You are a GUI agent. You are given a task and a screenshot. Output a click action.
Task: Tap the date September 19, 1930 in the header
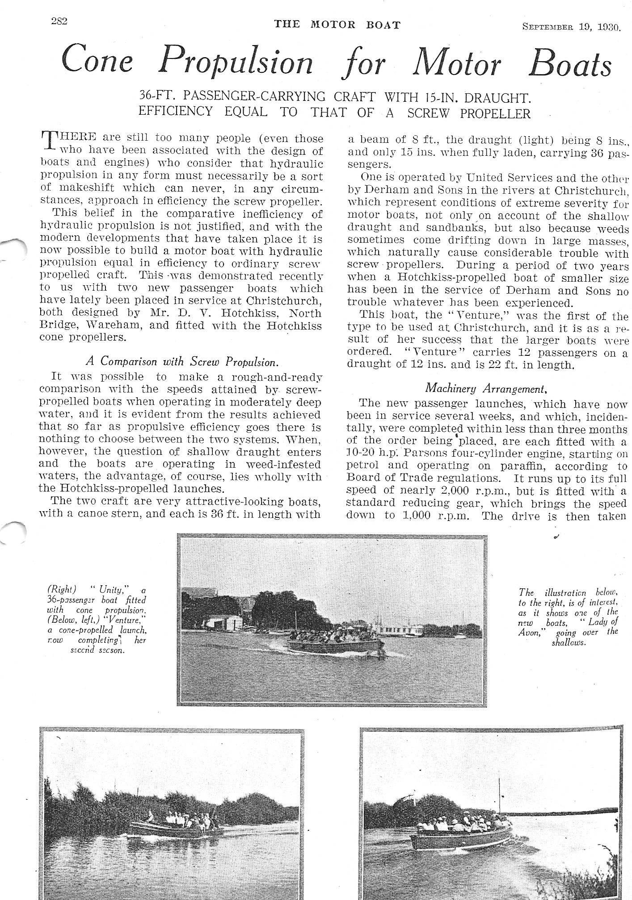pyautogui.click(x=571, y=27)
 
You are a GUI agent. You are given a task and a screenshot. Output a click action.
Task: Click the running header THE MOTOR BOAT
pyautogui.click(x=337, y=25)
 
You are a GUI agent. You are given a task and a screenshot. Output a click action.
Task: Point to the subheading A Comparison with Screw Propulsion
pyautogui.click(x=183, y=361)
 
